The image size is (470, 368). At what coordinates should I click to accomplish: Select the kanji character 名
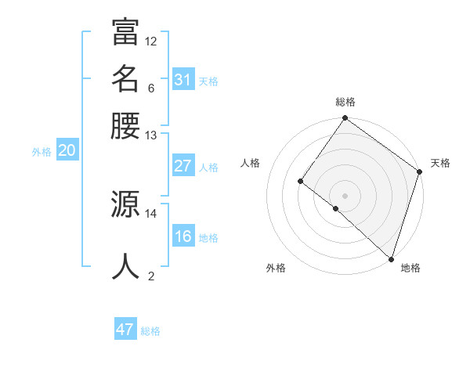click(125, 79)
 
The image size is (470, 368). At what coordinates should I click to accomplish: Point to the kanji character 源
click(125, 204)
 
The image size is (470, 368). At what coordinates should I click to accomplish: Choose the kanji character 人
click(125, 266)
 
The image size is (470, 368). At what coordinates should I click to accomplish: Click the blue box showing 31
click(183, 80)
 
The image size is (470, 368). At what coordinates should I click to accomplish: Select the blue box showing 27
click(183, 166)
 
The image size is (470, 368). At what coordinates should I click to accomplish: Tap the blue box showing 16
click(183, 236)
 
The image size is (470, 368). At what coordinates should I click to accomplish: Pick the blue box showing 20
click(67, 151)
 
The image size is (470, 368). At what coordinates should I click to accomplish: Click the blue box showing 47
click(125, 330)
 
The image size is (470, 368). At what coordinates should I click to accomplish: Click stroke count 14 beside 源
click(151, 212)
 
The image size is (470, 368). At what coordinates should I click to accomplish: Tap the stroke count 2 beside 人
click(151, 275)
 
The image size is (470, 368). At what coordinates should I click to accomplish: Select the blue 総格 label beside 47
click(150, 331)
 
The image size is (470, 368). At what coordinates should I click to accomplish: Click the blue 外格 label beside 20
click(42, 152)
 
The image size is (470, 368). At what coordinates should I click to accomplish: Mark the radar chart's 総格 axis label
click(345, 102)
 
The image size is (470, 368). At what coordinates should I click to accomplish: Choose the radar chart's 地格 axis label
click(410, 268)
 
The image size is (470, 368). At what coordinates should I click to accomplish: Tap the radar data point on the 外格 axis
click(335, 208)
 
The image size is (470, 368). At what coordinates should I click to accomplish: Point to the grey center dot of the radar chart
click(345, 195)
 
